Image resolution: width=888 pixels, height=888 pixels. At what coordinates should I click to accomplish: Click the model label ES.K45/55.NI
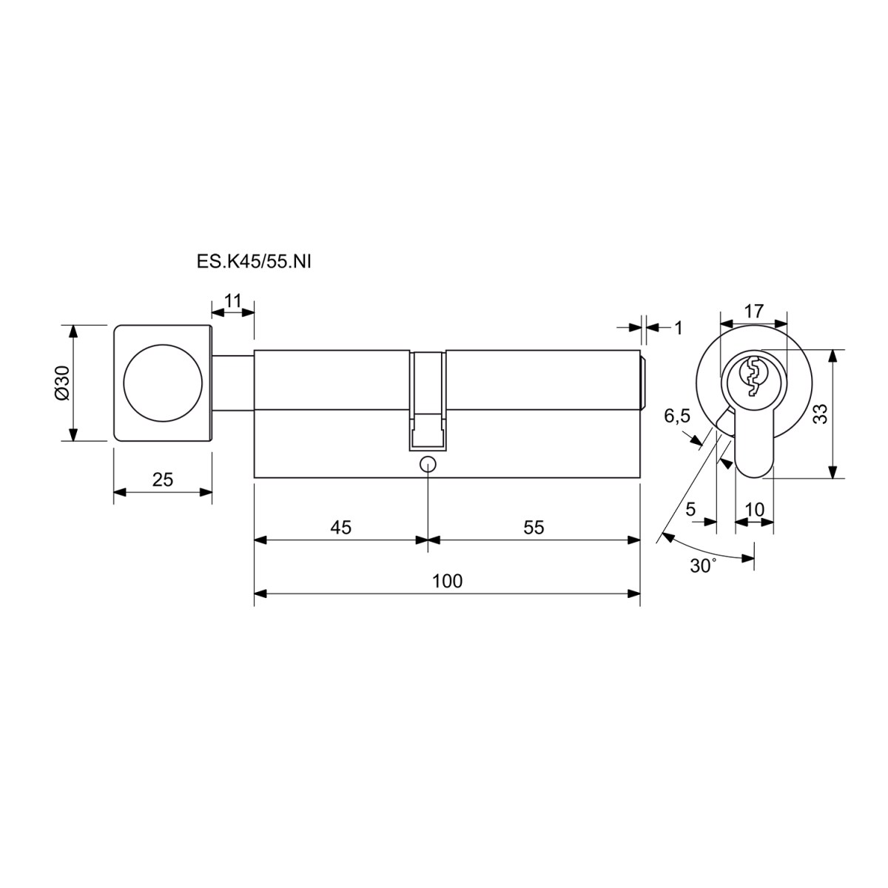tap(254, 262)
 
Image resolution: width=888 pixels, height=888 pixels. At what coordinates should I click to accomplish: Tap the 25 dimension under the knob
tap(163, 480)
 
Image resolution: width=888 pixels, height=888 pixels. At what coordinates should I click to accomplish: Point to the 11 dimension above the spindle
tap(232, 301)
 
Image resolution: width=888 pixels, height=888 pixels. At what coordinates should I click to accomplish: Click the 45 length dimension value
tap(340, 527)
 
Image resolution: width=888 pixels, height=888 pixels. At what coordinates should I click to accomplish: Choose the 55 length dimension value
tap(534, 527)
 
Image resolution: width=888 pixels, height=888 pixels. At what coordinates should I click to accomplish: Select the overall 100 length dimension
tap(447, 581)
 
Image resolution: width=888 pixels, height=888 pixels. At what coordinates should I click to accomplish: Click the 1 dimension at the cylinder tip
tap(679, 328)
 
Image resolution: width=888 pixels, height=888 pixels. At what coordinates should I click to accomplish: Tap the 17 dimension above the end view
tap(754, 311)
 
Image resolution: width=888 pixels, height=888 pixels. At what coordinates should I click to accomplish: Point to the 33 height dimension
tap(821, 414)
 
